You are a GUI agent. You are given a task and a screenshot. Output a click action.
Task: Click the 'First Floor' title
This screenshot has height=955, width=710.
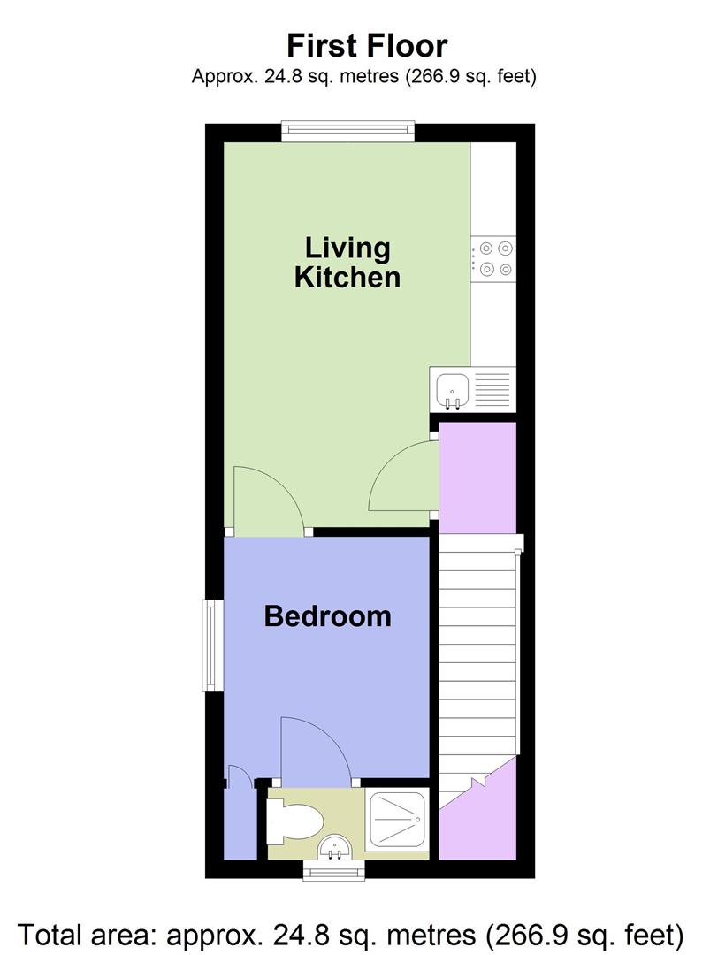click(366, 45)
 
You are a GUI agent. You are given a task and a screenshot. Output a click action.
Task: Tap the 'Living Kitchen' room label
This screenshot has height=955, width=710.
click(347, 262)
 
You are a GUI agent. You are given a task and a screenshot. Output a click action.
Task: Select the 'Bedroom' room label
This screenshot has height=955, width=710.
click(327, 615)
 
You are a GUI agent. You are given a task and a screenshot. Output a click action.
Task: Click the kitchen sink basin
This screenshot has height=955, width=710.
click(453, 387)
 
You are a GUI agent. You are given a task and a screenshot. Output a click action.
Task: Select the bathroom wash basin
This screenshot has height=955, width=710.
click(335, 847)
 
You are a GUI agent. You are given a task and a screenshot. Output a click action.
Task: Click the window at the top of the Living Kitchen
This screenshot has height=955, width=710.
click(348, 131)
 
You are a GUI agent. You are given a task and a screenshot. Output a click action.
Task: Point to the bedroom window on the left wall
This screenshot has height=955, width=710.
click(212, 645)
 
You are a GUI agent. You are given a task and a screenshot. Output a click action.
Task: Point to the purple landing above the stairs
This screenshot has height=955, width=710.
click(477, 477)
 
